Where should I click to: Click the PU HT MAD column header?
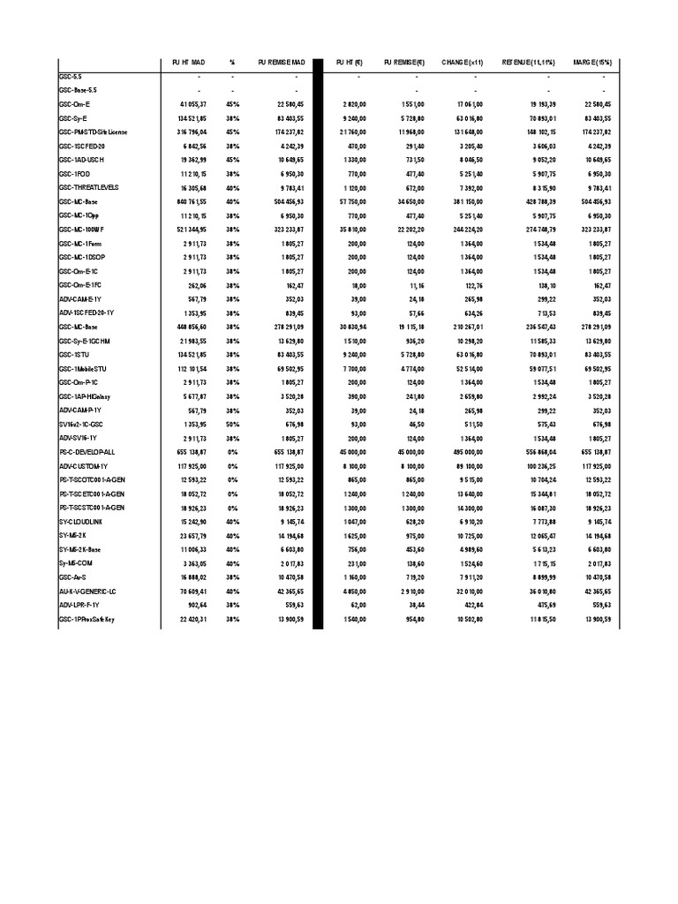187,63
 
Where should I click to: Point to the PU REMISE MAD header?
282,63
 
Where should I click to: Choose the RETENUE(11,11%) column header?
527,63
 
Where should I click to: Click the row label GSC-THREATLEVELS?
88,188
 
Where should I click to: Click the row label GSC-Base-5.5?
78,90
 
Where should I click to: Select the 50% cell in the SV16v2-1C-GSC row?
232,425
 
